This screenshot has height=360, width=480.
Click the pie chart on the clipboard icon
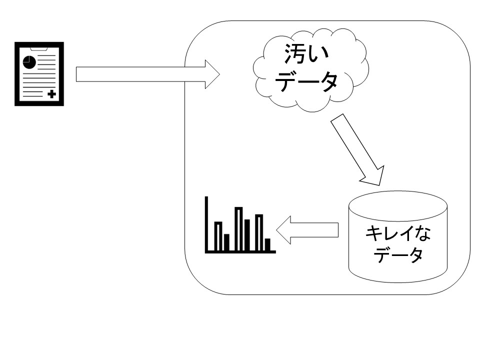point(29,62)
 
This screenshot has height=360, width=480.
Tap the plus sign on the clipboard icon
point(51,94)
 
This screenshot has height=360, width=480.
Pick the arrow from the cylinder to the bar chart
point(307,230)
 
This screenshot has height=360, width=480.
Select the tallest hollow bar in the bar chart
point(238,229)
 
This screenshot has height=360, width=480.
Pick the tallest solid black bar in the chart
point(247,234)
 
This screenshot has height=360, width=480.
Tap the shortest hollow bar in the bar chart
point(218,236)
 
